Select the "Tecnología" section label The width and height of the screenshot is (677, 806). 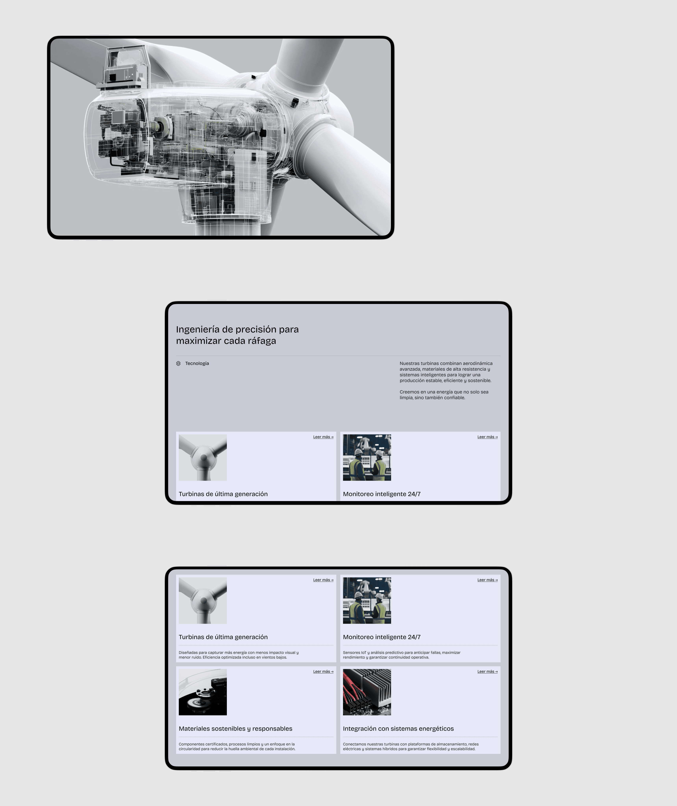197,364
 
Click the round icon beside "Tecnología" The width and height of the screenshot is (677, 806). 178,364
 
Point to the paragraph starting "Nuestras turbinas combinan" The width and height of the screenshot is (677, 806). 446,372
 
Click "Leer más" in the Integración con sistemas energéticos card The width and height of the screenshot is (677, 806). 487,672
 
